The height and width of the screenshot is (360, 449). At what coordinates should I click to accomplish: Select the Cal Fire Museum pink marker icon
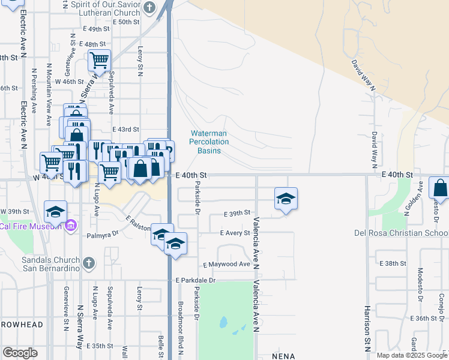(x=71, y=226)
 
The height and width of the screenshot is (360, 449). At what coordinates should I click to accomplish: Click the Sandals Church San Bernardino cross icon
(x=89, y=263)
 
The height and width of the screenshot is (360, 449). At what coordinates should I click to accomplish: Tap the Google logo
(x=20, y=353)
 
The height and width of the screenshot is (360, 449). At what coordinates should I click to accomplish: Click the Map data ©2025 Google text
(x=411, y=355)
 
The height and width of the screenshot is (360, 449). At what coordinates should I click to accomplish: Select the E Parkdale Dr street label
(x=195, y=280)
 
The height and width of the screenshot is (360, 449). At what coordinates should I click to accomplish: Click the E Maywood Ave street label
(x=226, y=264)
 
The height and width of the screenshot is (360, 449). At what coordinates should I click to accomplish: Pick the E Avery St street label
(x=235, y=233)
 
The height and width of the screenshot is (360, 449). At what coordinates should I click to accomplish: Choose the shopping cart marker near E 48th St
(x=99, y=59)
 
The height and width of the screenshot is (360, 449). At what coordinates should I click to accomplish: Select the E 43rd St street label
(x=125, y=129)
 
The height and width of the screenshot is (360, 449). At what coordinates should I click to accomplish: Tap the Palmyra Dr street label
(x=100, y=236)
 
